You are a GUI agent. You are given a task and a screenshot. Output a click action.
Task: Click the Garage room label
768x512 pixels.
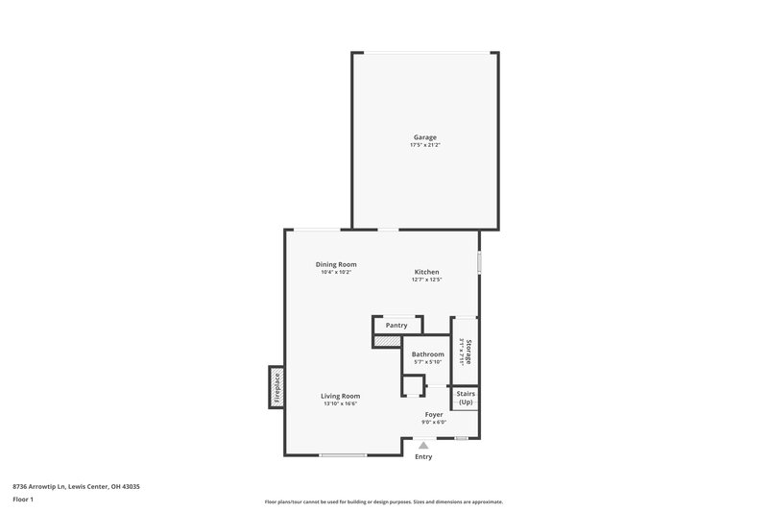[x=424, y=137]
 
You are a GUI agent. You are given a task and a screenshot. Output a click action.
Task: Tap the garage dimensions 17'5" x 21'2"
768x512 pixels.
[x=424, y=145]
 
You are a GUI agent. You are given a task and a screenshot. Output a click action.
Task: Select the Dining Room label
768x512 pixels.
[x=336, y=264]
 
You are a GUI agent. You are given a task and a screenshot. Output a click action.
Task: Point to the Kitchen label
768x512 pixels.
[x=426, y=272]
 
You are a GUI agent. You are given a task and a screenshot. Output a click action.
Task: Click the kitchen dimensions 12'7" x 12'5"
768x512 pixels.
[x=426, y=280]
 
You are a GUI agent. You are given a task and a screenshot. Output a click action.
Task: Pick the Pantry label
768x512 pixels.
[x=396, y=326]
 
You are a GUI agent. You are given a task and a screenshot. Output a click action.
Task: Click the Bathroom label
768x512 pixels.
[x=427, y=354]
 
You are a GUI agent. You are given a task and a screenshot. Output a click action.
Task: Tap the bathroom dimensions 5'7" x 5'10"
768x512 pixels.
[x=427, y=362]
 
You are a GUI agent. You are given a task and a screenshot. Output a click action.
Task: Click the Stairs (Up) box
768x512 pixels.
[x=465, y=398]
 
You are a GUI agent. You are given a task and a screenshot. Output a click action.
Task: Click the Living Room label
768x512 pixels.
[x=340, y=396]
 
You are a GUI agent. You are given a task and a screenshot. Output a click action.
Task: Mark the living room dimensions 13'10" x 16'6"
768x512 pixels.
[x=340, y=403]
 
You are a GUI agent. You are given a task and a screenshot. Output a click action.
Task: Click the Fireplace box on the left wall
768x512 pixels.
[x=276, y=388]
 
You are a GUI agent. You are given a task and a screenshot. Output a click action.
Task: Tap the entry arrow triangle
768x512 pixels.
[x=423, y=445]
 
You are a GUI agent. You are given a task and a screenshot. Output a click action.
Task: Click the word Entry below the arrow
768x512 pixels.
[x=423, y=457]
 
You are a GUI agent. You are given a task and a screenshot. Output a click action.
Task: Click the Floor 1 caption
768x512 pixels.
[x=23, y=500]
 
